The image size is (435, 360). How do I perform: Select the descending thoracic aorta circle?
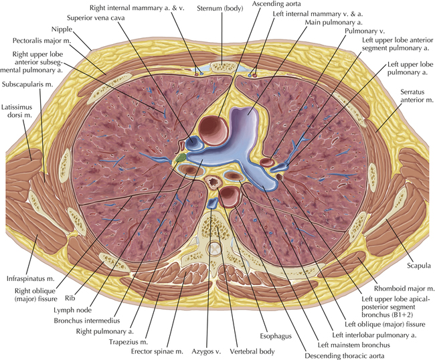(229, 197)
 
